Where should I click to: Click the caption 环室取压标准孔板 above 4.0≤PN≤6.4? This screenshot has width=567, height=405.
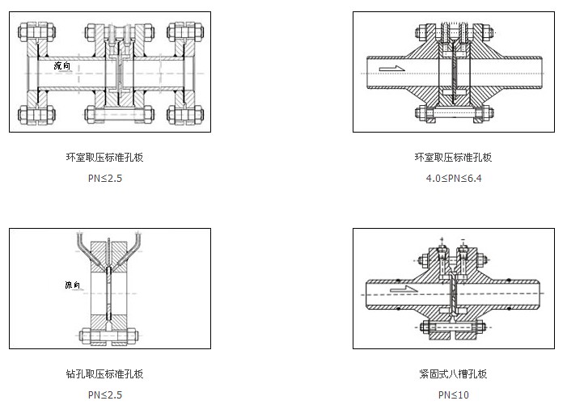click(453, 158)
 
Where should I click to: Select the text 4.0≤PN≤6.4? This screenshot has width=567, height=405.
click(453, 178)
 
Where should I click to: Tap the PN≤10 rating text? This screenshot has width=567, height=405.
click(453, 394)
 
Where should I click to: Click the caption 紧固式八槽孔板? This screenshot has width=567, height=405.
click(453, 374)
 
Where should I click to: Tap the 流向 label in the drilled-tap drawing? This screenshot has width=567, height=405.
click(74, 285)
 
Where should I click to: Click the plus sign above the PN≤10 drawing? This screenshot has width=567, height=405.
click(442, 240)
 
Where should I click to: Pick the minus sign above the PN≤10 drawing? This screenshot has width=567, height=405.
click(463, 240)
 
